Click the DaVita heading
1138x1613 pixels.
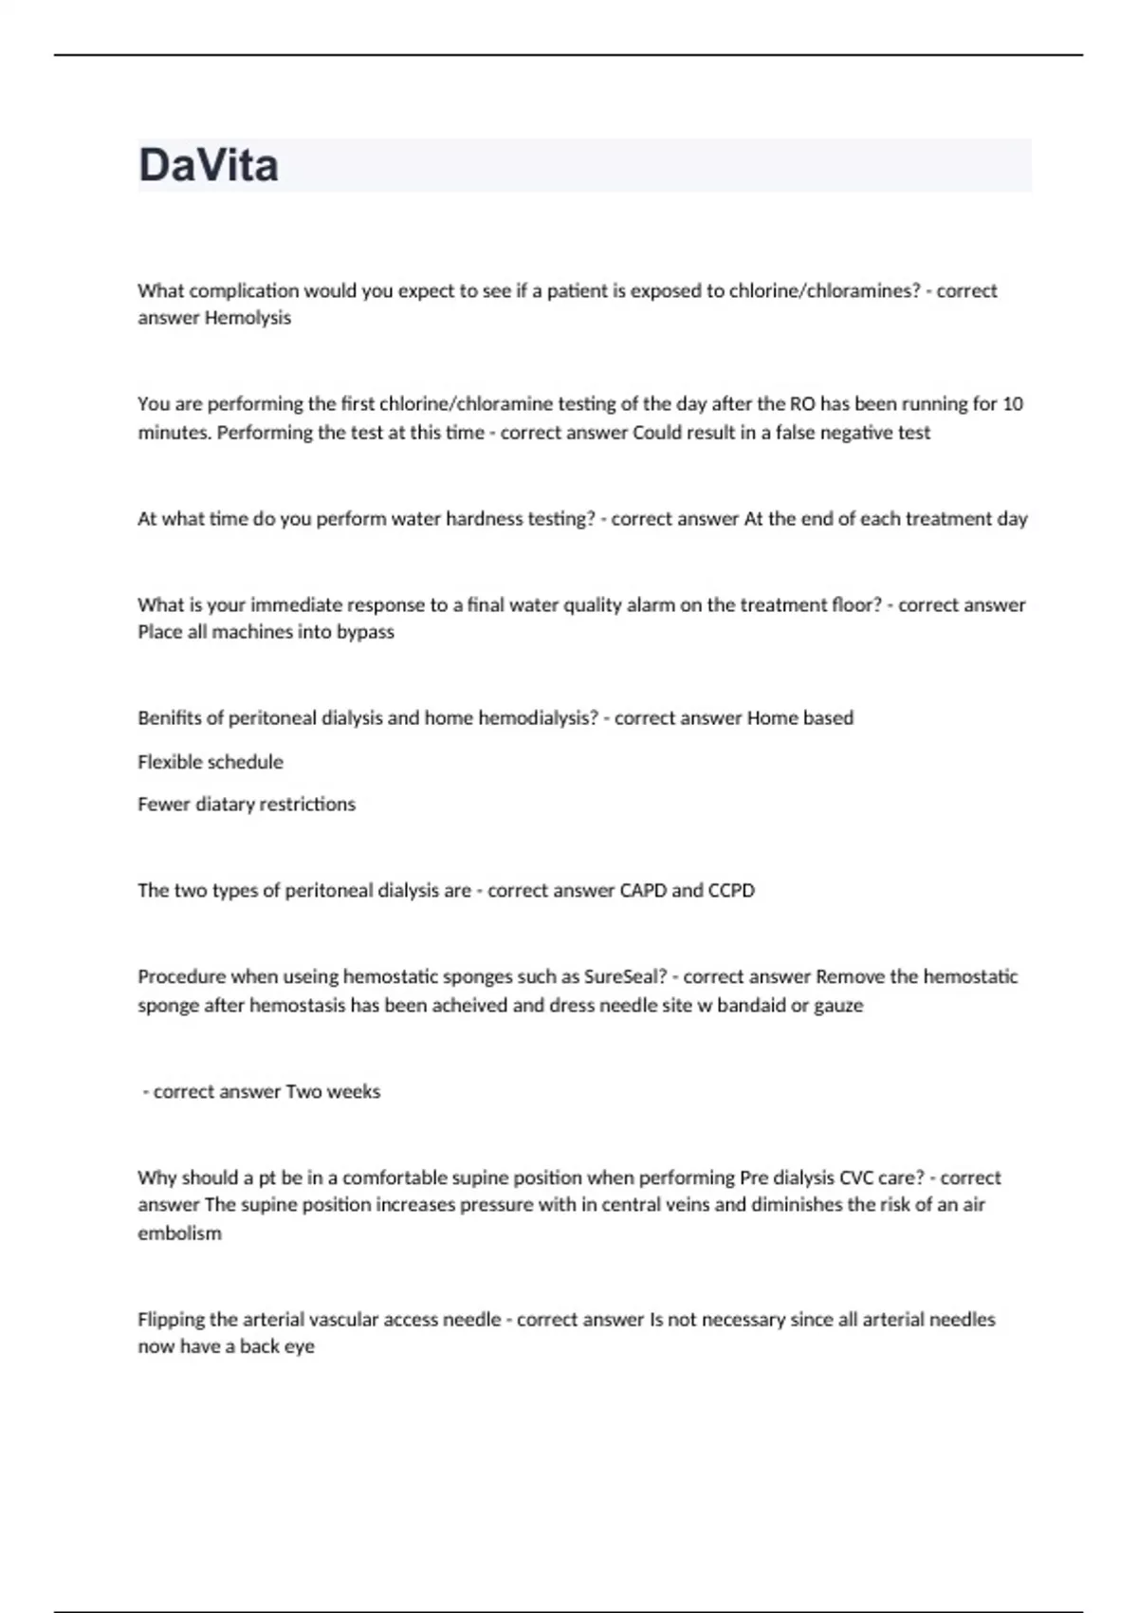tap(209, 165)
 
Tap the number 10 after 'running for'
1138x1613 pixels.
tap(1012, 404)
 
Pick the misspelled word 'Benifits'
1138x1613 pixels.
tap(169, 718)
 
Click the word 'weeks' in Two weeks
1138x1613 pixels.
tap(353, 1092)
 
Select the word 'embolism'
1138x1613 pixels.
tap(179, 1233)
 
